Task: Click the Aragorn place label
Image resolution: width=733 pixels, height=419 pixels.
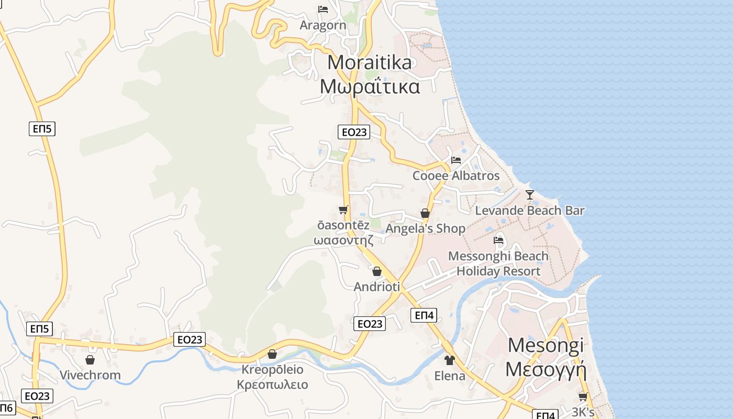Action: [x=323, y=25]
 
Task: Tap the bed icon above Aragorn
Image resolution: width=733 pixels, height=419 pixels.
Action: [x=323, y=9]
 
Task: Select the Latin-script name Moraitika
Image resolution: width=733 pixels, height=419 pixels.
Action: [x=370, y=63]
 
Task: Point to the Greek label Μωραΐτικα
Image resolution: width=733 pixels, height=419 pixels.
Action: [x=370, y=86]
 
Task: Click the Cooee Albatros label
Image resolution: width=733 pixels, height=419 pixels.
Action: [x=456, y=175]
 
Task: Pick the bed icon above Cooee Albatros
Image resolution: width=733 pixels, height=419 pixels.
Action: [x=456, y=160]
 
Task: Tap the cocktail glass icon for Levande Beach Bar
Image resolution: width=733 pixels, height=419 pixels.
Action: [x=530, y=195]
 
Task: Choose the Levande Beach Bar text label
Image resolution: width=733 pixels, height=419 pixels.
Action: [x=530, y=211]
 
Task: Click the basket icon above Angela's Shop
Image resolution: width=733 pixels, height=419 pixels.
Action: [x=425, y=213]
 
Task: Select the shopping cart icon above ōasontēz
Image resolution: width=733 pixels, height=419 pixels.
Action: [x=343, y=210]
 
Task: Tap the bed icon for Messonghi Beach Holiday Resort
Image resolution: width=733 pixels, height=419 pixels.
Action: [x=498, y=240]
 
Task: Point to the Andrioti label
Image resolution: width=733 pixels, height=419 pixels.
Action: [x=377, y=287]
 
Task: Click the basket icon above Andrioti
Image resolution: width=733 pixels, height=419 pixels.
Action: [x=377, y=271]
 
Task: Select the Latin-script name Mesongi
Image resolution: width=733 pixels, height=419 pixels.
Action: [x=546, y=346]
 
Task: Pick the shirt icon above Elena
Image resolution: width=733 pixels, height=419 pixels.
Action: [x=450, y=360]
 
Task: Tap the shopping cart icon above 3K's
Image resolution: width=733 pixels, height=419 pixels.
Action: [x=583, y=397]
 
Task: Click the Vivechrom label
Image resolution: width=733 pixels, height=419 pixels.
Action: [x=90, y=375]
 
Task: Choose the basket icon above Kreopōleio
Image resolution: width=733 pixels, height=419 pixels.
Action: [x=272, y=354]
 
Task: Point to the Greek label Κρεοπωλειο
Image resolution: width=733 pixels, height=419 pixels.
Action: [x=272, y=385]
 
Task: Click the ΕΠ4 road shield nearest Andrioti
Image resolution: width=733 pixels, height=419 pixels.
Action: [x=424, y=315]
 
